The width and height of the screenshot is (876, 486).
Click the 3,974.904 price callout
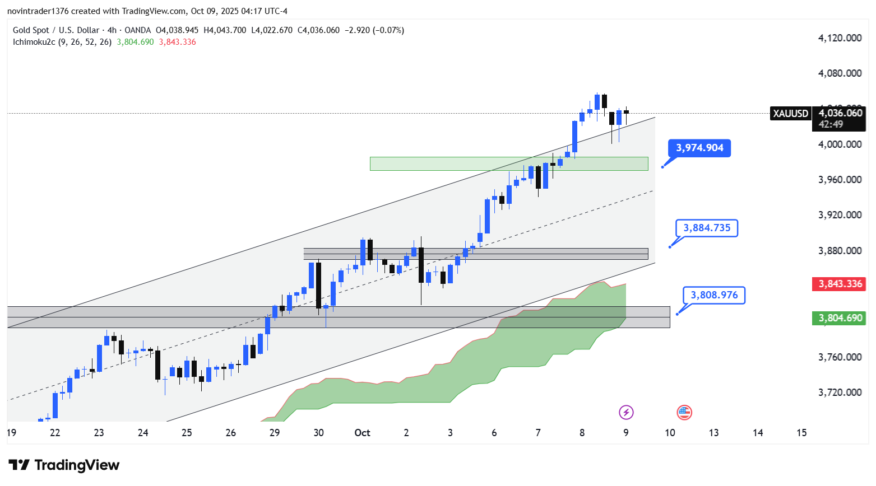click(x=699, y=148)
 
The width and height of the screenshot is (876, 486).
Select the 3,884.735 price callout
click(x=707, y=228)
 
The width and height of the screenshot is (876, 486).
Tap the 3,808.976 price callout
click(x=714, y=295)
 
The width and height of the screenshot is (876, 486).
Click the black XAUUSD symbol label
click(x=791, y=114)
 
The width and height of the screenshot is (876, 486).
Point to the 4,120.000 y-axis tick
click(x=840, y=38)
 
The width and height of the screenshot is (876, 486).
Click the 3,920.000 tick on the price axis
click(x=840, y=215)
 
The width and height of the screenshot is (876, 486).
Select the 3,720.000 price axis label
click(x=840, y=392)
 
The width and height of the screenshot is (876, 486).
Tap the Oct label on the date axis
click(x=362, y=433)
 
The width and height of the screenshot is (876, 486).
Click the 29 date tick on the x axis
click(x=275, y=433)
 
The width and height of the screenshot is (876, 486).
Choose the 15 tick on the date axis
click(x=801, y=433)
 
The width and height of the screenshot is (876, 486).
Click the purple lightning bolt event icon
click(x=626, y=413)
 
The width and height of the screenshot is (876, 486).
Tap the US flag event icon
click(x=684, y=413)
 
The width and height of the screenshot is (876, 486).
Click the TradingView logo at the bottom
click(x=64, y=465)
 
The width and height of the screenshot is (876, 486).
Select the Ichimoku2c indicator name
click(x=34, y=42)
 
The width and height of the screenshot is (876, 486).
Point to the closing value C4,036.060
click(x=318, y=30)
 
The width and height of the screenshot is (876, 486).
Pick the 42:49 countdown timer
click(x=831, y=124)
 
